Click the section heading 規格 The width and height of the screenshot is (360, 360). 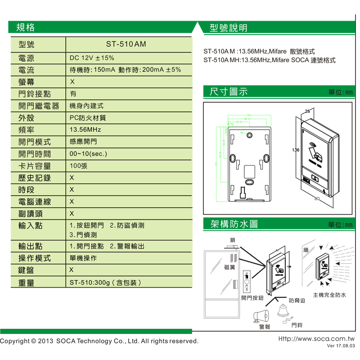click(25, 28)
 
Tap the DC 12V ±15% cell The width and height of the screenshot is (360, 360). click(92, 58)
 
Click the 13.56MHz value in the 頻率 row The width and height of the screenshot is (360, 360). click(85, 130)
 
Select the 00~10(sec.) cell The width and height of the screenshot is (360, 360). click(88, 154)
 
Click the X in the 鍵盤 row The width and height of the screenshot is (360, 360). click(72, 270)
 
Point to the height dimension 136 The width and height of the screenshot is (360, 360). click(296, 150)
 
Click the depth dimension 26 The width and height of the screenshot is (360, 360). click(307, 111)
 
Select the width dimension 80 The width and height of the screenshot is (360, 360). click(317, 198)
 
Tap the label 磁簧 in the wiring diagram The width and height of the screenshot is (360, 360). click(229, 267)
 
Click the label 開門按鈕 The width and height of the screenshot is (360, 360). click(252, 298)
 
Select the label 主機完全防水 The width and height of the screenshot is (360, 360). click(329, 295)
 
